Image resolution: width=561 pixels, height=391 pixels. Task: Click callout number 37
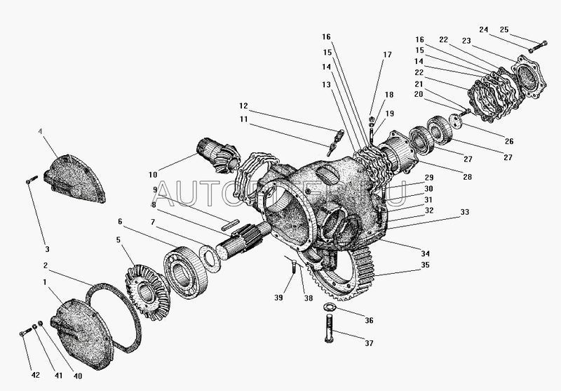[369, 344]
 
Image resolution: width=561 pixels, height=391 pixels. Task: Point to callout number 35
[426, 266]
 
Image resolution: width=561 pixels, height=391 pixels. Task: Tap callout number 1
[46, 282]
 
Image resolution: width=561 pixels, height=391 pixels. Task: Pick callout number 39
[278, 298]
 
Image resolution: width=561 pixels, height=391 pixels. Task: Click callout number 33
[464, 212]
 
